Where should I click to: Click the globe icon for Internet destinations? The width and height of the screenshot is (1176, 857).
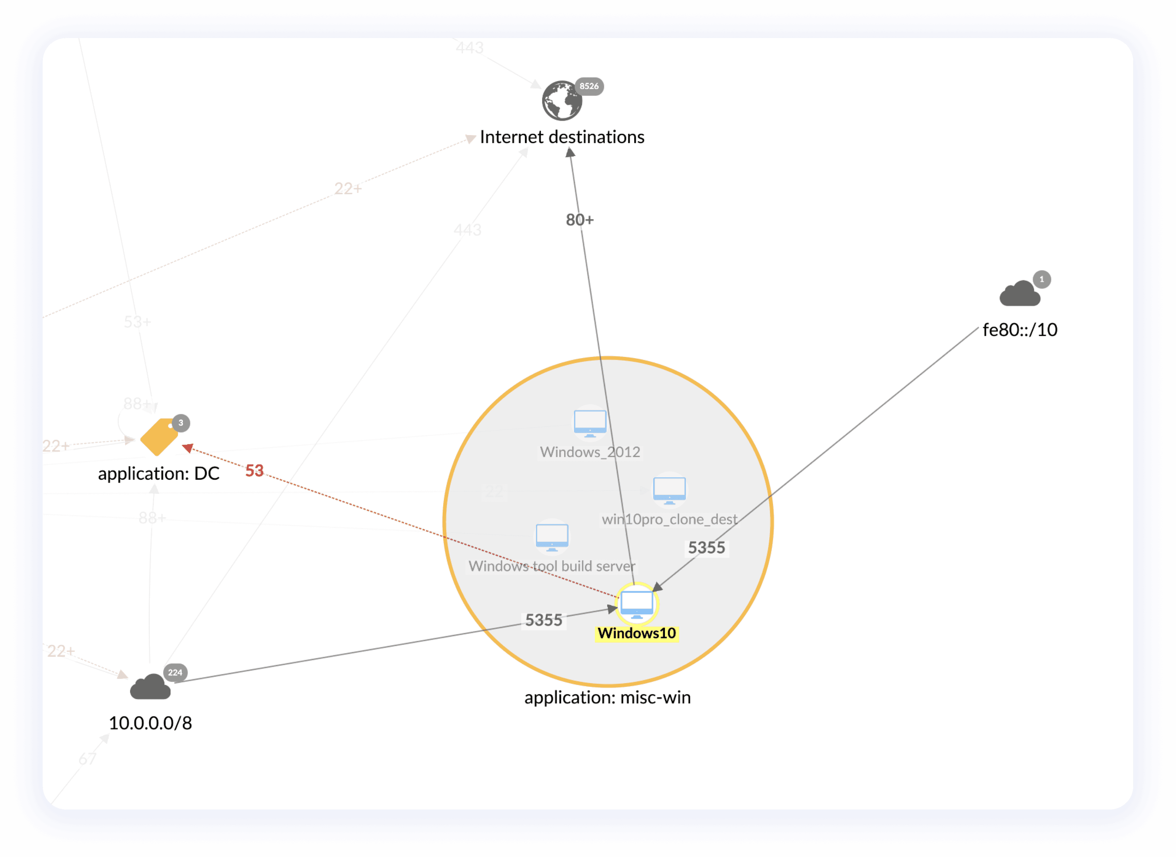562,101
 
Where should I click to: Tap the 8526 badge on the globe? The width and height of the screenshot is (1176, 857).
589,86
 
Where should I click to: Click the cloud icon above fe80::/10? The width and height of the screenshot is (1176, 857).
1019,294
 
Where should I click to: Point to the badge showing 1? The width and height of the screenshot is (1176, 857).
1041,279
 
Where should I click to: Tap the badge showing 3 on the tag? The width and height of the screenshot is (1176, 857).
181,423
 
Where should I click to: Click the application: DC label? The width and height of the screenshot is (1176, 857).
159,474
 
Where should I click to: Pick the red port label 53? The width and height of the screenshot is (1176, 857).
254,471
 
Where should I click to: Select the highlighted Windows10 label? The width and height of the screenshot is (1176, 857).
637,633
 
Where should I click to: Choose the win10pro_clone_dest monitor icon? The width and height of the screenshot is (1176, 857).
669,490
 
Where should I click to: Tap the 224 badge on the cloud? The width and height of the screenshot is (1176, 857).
175,672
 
